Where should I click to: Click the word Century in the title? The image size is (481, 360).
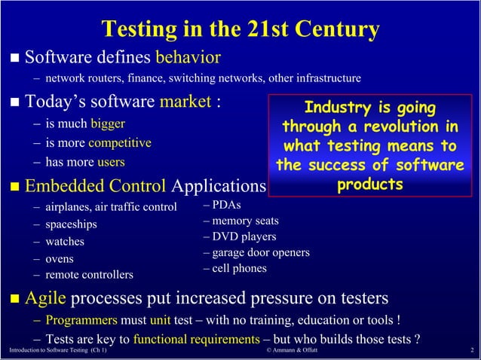332,29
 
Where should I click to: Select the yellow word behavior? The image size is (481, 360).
188,57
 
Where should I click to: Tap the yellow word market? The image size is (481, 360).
184,102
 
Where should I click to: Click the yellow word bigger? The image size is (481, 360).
108,124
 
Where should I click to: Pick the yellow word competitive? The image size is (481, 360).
120,142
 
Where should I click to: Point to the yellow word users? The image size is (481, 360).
111,162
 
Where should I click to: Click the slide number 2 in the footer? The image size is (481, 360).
470,352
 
